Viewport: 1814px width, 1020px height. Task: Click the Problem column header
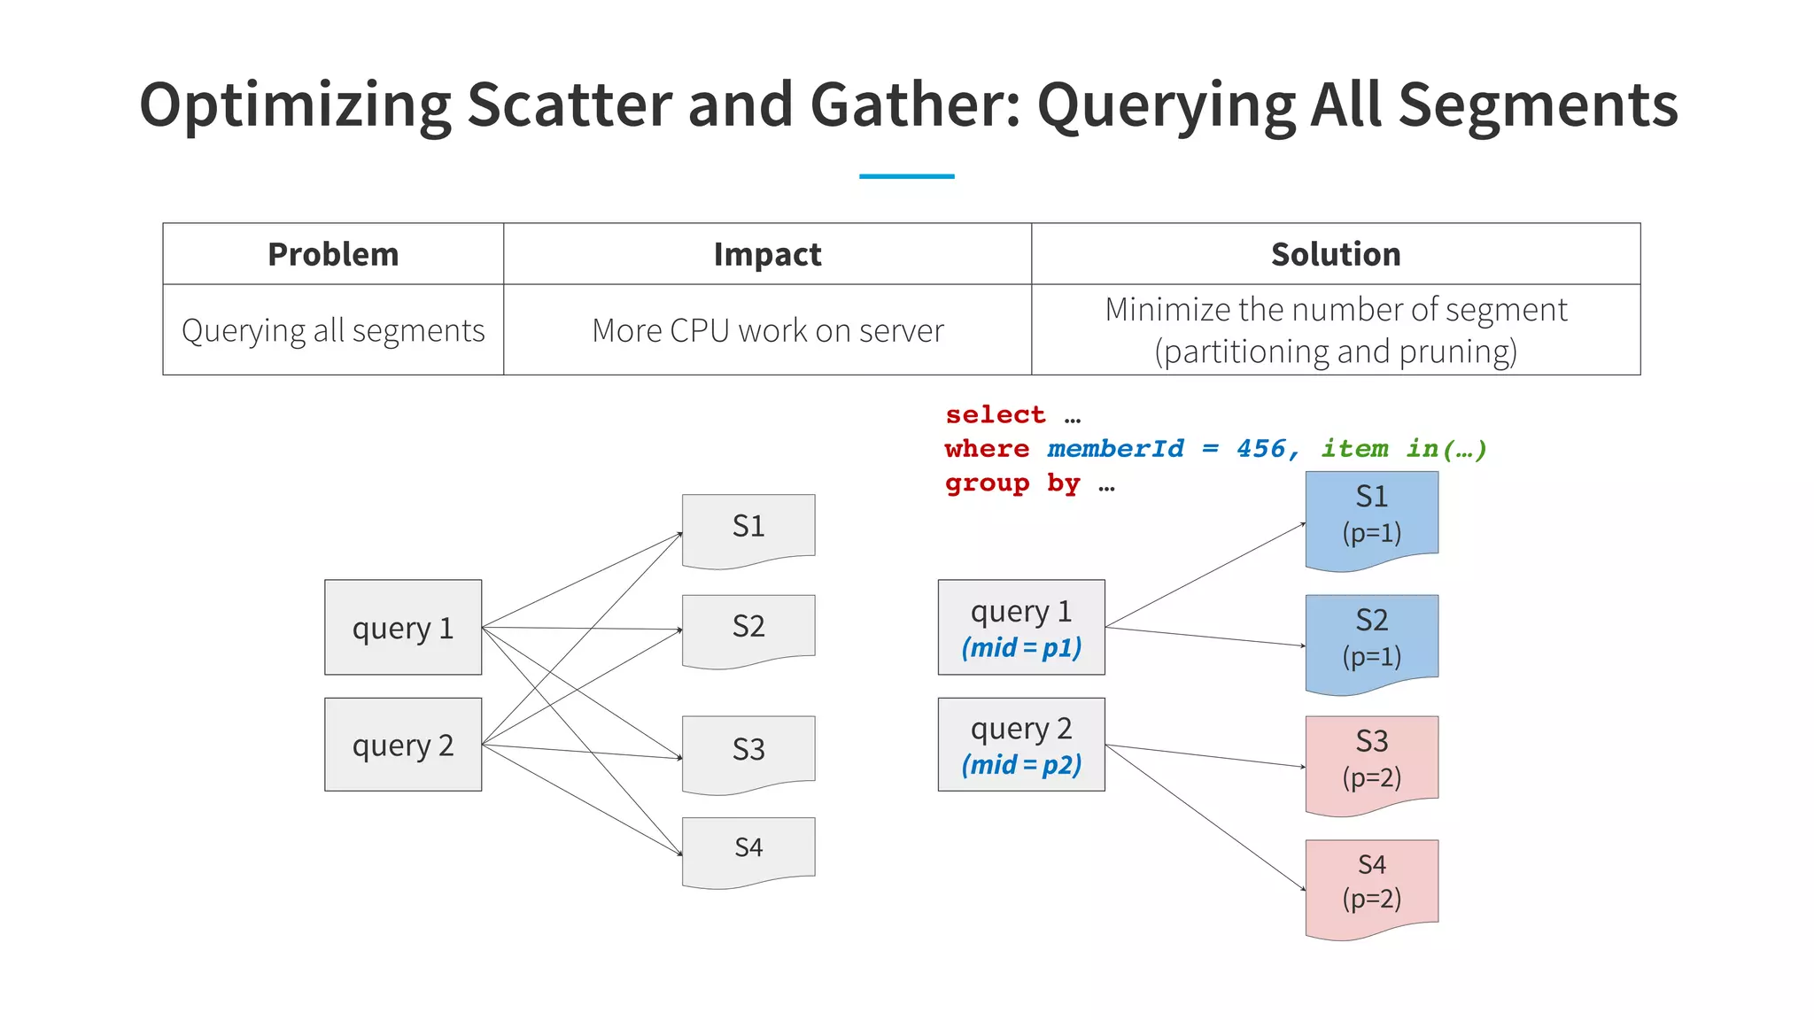point(333,254)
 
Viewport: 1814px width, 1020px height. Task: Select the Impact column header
point(767,254)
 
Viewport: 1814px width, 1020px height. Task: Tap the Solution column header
point(1336,254)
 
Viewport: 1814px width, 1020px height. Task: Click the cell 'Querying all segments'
point(333,330)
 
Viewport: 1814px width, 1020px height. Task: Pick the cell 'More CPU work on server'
point(767,330)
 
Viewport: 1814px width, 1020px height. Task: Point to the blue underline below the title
point(906,176)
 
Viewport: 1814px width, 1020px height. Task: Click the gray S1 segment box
point(748,527)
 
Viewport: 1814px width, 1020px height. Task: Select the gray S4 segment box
point(748,848)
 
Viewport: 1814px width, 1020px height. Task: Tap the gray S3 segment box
point(748,750)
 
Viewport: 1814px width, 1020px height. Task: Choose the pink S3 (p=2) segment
point(1371,760)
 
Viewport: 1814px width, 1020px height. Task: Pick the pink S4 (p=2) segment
point(1371,883)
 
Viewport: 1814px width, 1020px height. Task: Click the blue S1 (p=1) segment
point(1371,515)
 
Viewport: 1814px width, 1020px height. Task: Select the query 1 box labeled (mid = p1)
point(1021,628)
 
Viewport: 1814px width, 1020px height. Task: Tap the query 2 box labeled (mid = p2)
point(1021,745)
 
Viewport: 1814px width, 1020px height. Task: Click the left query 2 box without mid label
point(403,745)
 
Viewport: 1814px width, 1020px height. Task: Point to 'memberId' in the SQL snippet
point(1115,449)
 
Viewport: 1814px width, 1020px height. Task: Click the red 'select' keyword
point(995,414)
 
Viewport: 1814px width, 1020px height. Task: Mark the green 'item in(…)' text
point(1403,449)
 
